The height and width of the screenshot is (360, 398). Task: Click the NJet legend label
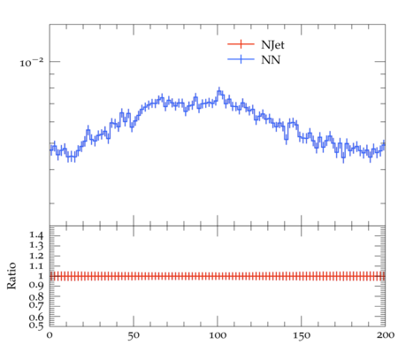272,45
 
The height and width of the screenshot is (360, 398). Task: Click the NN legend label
271,60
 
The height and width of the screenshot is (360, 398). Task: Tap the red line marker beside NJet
241,44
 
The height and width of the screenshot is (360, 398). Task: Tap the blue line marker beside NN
241,59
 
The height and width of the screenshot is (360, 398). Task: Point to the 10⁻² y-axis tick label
32,63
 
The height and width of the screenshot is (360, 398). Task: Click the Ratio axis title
11,276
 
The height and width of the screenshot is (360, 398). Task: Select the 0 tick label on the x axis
50,335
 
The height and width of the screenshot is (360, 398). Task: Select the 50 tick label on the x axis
134,335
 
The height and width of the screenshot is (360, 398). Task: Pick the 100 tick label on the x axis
218,335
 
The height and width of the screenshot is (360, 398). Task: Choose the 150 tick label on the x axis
302,335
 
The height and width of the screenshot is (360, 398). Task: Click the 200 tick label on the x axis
385,335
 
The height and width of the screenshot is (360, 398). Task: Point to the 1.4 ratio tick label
36,235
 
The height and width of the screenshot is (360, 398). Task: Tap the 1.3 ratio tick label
36,246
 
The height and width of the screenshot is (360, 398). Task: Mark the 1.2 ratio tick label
36,256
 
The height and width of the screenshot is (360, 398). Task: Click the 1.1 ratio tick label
36,266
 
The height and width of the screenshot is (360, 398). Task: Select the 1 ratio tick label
41,276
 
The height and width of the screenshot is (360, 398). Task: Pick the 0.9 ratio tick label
36,286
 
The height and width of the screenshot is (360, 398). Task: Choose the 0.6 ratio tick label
36,318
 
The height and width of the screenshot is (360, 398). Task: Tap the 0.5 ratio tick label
36,326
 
